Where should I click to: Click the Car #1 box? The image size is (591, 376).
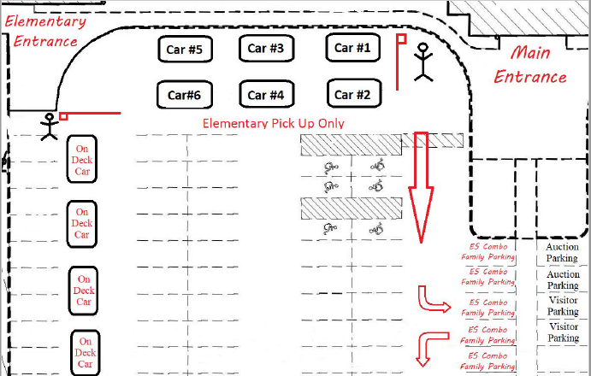pos(352,48)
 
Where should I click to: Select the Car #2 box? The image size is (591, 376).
pos(352,94)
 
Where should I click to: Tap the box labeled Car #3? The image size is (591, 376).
pos(266,48)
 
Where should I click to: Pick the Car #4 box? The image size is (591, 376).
pos(266,94)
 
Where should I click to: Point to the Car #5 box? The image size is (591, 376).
pos(184,50)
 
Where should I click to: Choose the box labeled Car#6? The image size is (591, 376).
pos(184,94)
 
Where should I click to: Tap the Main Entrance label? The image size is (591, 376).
pos(529,65)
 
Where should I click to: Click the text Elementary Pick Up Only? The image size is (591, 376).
pos(273,124)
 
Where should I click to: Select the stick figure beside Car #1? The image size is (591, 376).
pos(423,62)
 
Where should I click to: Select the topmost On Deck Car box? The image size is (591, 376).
pos(83,159)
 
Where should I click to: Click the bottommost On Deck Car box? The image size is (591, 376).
pos(85,352)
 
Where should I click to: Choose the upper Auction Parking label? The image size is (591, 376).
pos(563,252)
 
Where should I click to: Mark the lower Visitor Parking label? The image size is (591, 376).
pos(563,332)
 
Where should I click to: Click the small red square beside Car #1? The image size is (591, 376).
pos(399,38)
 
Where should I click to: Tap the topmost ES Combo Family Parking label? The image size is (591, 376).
pos(488,251)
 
